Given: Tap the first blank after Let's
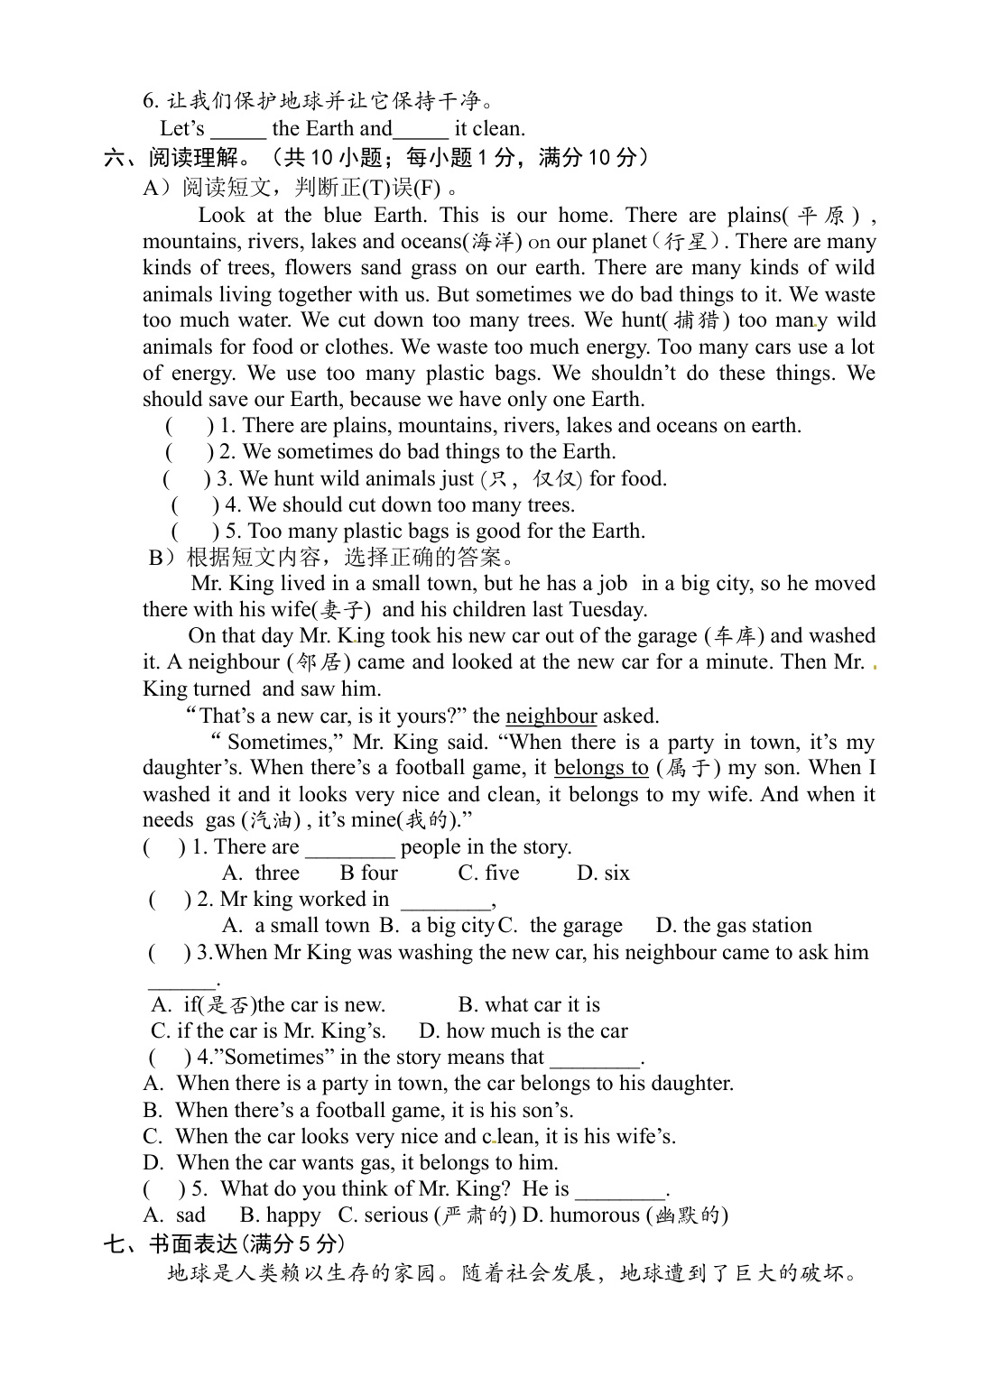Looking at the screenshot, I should click(x=237, y=129).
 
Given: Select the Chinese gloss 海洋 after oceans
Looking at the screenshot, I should click(x=493, y=242).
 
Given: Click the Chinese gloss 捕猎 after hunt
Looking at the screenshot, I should click(x=701, y=320).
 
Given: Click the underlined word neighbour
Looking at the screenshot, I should click(x=551, y=716).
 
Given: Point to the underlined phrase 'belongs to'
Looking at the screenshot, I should click(x=601, y=768).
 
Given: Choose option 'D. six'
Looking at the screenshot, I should click(x=603, y=873).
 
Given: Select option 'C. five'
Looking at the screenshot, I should click(x=488, y=873).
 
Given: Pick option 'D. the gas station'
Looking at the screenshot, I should click(x=734, y=926).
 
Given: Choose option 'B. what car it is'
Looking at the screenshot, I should click(x=529, y=1005).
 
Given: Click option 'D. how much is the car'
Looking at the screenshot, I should click(x=523, y=1031).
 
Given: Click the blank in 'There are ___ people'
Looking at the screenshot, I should click(x=349, y=848).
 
